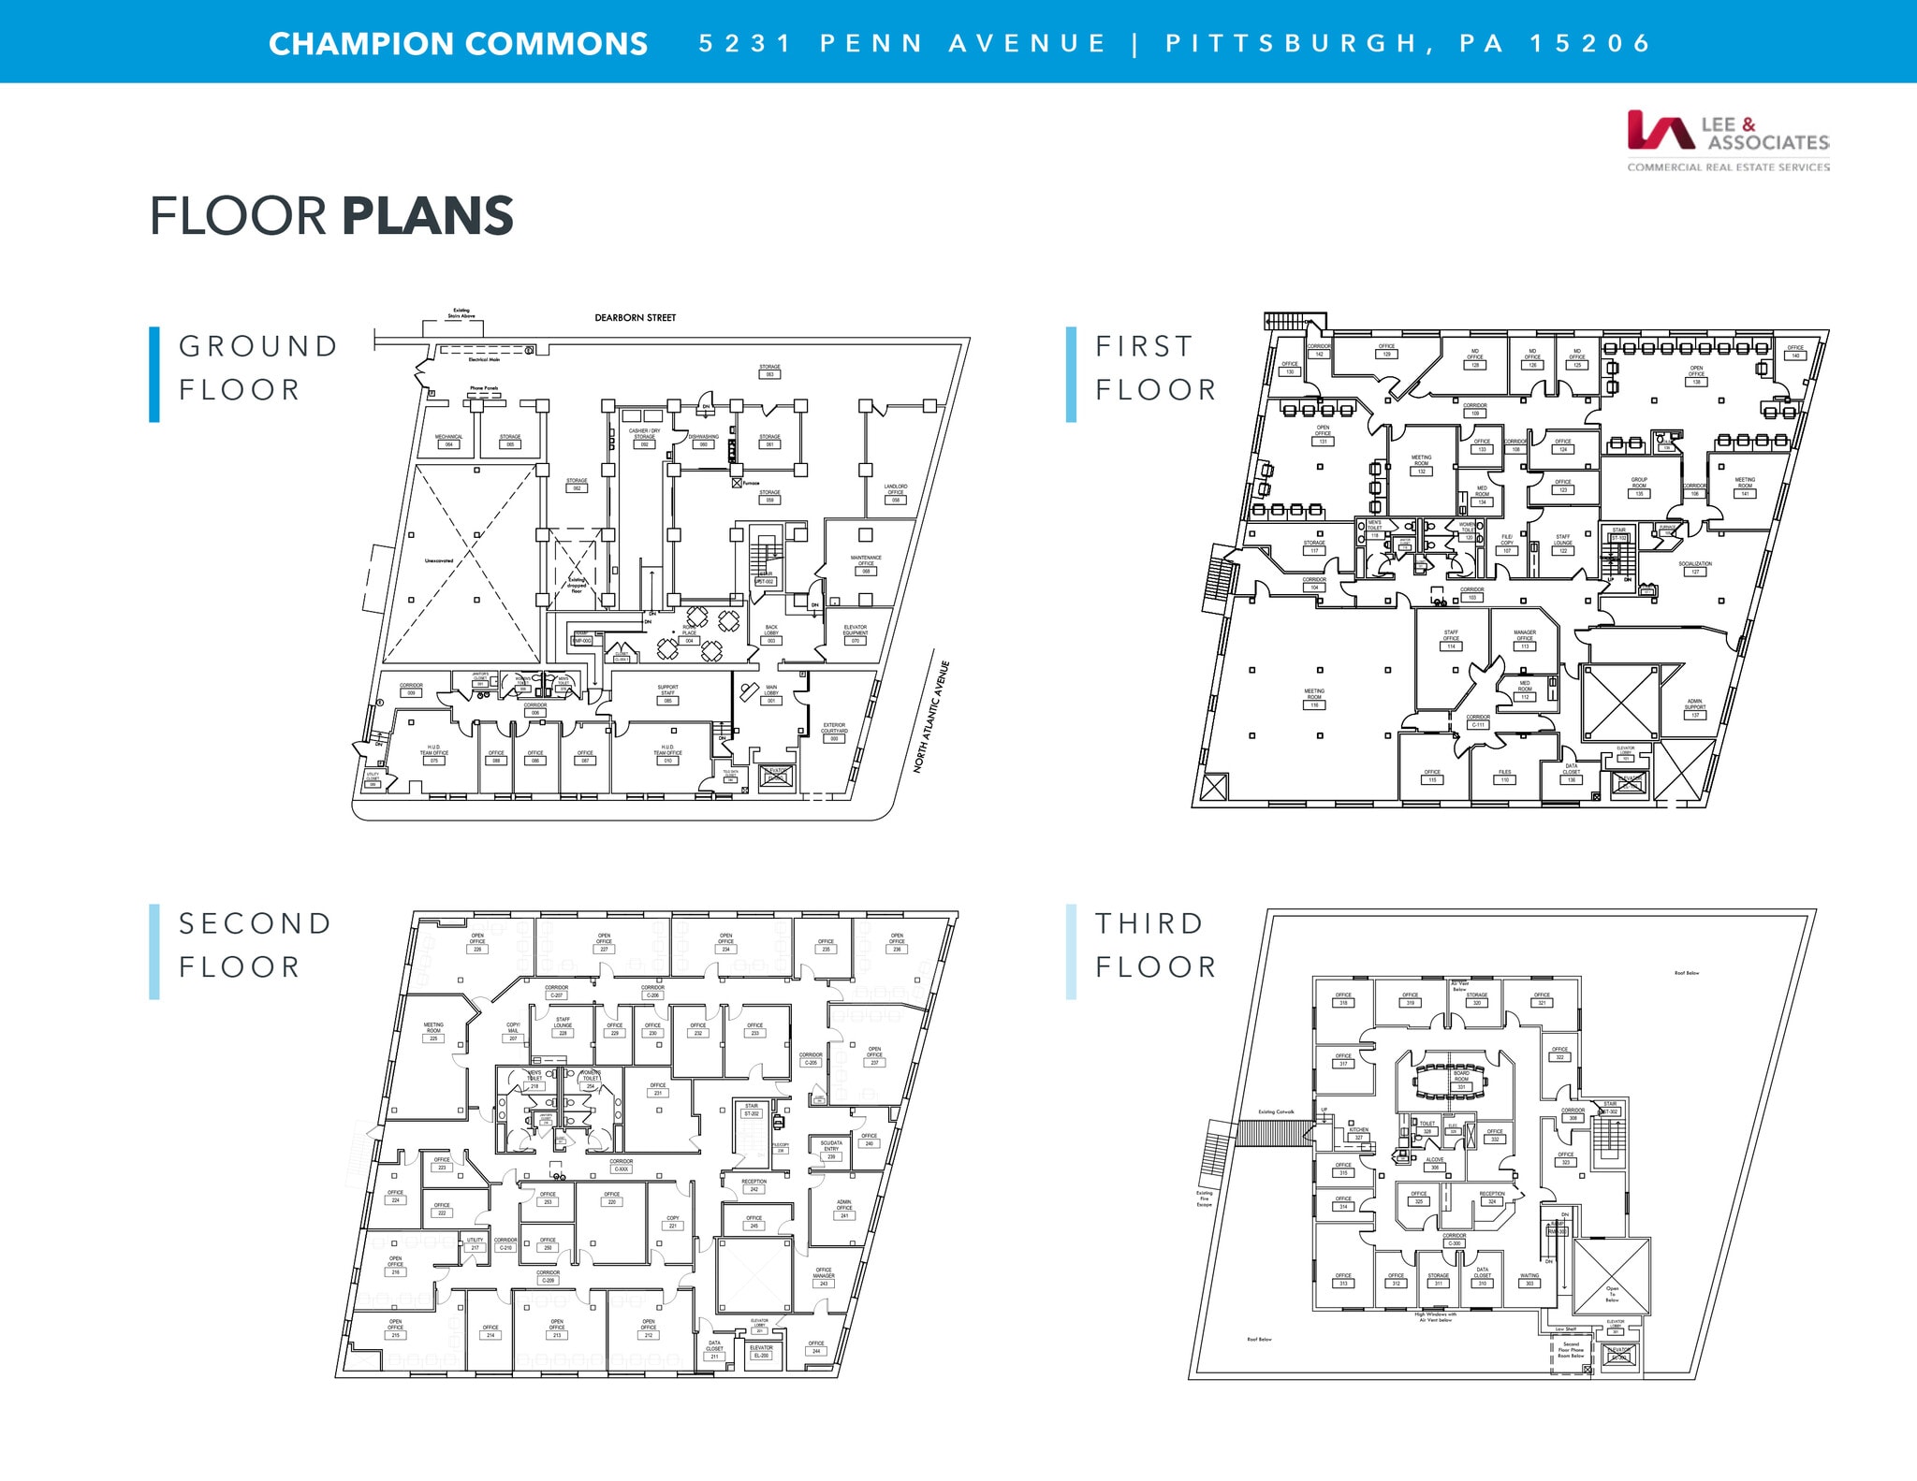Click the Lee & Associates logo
[x=1727, y=140]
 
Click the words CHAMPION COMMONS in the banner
[x=458, y=44]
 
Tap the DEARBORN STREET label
[x=635, y=318]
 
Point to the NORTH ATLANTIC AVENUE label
[x=931, y=717]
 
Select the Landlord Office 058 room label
[x=896, y=493]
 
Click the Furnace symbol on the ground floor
[x=738, y=483]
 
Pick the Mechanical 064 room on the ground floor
[x=448, y=441]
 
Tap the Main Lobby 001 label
[x=771, y=693]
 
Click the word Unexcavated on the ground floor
[x=439, y=560]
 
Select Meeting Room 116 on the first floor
[x=1314, y=698]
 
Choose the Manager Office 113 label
[x=1525, y=639]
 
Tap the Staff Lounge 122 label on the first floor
[x=1563, y=544]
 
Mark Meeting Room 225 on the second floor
[x=433, y=1031]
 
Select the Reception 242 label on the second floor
[x=754, y=1185]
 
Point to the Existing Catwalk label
[x=1276, y=1111]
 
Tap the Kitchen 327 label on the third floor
[x=1359, y=1133]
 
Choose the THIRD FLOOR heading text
[x=1156, y=945]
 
